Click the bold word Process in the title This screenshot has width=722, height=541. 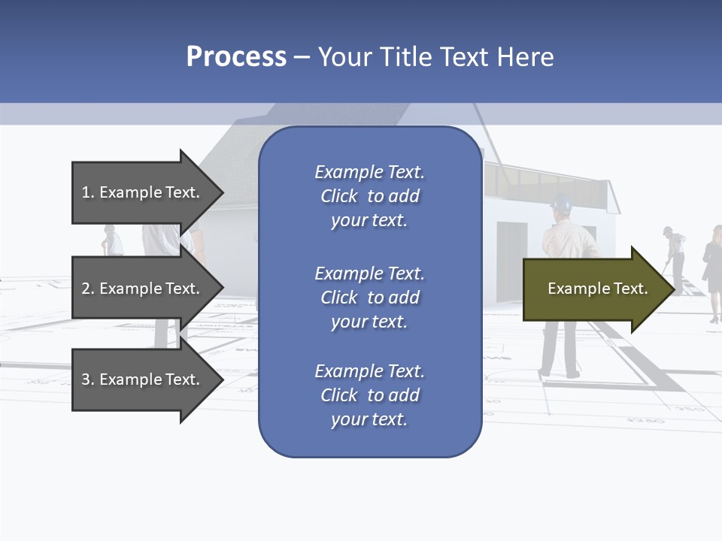pos(236,57)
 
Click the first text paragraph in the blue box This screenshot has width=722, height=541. pos(369,196)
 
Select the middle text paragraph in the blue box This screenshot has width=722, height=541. pos(369,298)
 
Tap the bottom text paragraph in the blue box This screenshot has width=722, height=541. pos(369,395)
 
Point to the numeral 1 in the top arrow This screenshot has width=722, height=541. pos(86,192)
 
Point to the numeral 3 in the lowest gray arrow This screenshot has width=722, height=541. pos(86,379)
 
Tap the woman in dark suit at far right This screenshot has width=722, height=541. pos(711,270)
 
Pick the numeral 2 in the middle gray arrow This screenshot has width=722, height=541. pos(86,289)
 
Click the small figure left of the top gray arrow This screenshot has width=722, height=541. pos(113,240)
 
